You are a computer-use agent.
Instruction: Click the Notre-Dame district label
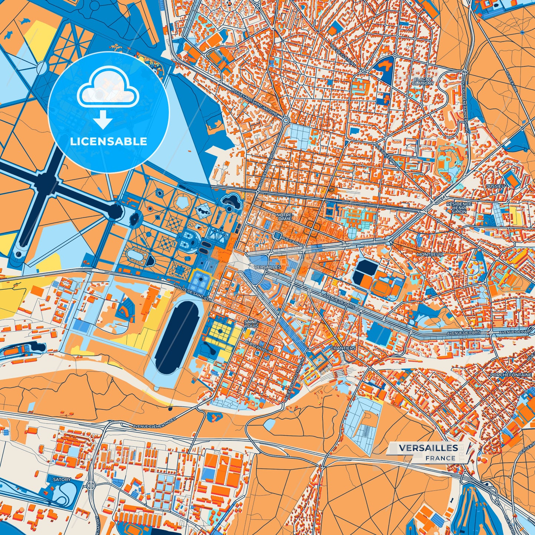point(284,217)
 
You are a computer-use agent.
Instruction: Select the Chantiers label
point(342,348)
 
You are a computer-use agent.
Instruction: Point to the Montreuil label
point(430,255)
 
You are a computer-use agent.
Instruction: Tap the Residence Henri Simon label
point(459,207)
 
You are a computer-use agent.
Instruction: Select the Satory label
point(61,479)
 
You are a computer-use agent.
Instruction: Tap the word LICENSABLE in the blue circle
point(108,141)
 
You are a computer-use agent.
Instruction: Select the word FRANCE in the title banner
point(440,458)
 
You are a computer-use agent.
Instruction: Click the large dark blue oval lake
point(177,337)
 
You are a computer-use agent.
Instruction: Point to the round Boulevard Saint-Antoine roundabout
point(285,120)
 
